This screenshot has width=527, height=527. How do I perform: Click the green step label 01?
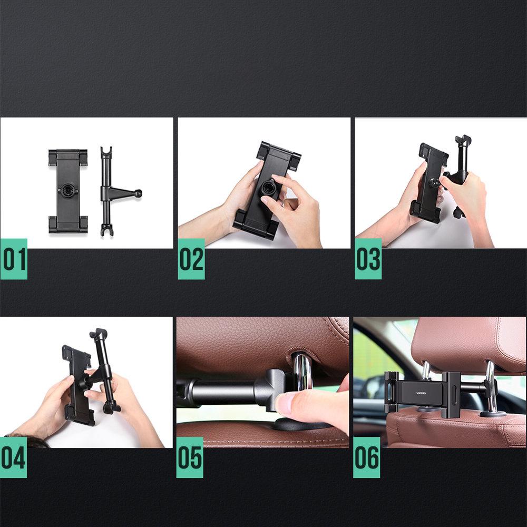(x=14, y=259)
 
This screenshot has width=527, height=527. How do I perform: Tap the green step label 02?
(x=191, y=259)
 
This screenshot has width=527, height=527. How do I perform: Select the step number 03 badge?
(x=368, y=259)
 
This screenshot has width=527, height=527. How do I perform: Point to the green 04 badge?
(x=13, y=457)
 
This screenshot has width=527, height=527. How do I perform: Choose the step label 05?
(x=190, y=457)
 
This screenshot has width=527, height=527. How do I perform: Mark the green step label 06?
(x=366, y=457)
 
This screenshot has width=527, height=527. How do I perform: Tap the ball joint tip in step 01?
(x=138, y=193)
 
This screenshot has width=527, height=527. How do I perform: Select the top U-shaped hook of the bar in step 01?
(x=108, y=152)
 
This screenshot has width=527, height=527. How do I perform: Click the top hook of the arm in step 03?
(x=464, y=141)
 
